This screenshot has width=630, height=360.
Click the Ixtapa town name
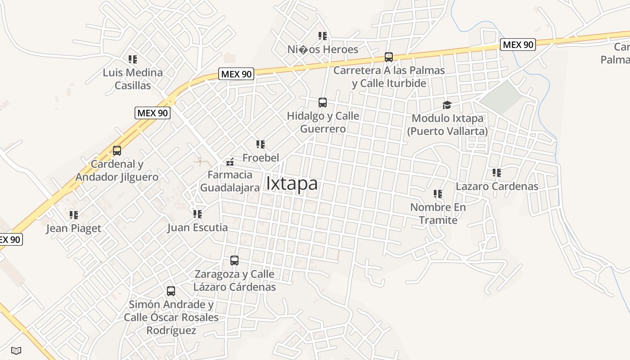[292, 184]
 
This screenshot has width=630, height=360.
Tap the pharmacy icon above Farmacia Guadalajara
[230, 162]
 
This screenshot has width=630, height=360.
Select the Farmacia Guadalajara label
[230, 181]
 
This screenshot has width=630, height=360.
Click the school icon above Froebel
[261, 144]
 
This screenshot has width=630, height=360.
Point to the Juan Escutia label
[198, 228]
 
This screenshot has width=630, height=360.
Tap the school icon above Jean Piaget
[74, 215]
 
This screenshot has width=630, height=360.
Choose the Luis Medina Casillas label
[133, 79]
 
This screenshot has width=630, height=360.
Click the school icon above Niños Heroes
[322, 36]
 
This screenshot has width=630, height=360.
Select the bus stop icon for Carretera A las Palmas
[389, 57]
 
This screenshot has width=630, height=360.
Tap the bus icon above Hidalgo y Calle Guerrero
[323, 102]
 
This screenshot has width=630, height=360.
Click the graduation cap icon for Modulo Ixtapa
[447, 105]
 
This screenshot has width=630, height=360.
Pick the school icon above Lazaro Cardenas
[497, 173]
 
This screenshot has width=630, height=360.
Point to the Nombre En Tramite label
[438, 214]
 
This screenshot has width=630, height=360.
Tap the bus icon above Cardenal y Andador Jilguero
[117, 151]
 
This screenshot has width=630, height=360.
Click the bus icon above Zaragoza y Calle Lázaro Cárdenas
[234, 261]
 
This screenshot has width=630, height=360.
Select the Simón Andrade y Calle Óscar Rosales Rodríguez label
[171, 317]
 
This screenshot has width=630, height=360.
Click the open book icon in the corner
[16, 350]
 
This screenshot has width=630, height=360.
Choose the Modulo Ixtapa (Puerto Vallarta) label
[447, 125]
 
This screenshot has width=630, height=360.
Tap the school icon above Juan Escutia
[198, 214]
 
